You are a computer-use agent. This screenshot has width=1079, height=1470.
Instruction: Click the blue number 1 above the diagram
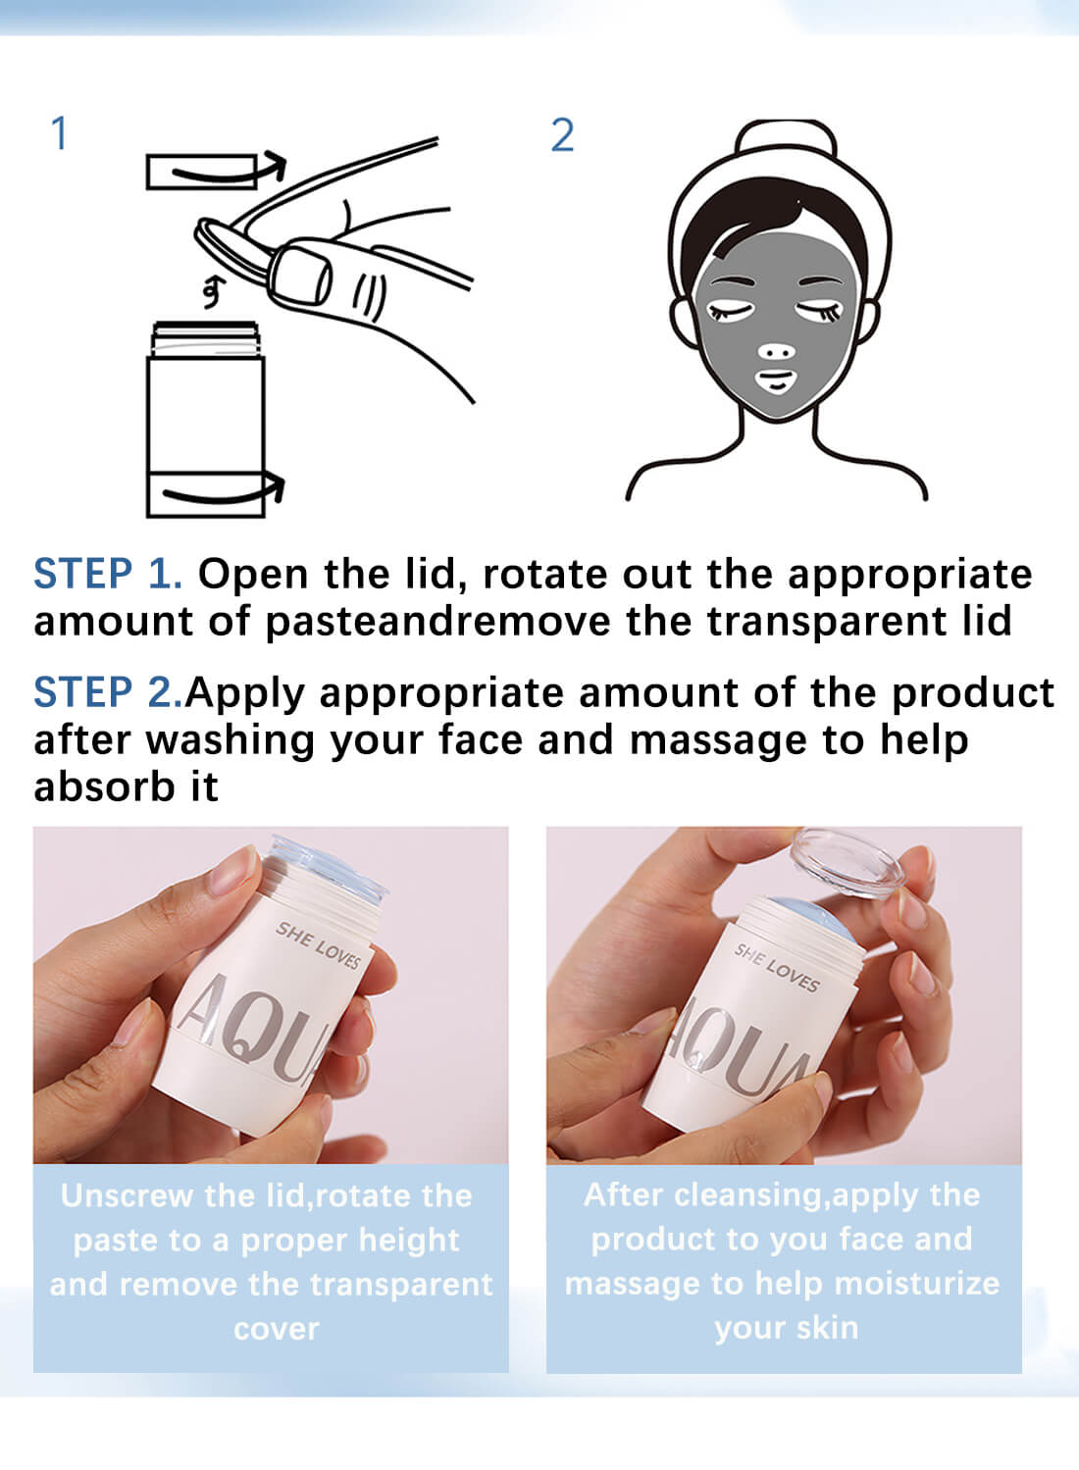point(60,134)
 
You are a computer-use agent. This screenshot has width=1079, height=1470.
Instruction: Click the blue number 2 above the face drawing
point(562,135)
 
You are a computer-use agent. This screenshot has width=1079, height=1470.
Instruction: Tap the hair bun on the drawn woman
point(786,138)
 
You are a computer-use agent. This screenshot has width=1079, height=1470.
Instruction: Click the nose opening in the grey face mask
point(777,352)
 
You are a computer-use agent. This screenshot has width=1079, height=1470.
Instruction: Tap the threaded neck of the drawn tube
point(205,339)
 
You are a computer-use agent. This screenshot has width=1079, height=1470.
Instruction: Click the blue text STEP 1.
point(108,574)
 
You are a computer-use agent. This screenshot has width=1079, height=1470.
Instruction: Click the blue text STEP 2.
point(108,692)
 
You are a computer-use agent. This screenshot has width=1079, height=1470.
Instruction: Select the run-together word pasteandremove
point(437,622)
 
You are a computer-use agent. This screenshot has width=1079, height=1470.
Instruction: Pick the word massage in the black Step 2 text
point(718,741)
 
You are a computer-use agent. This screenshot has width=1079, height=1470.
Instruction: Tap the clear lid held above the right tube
point(847,862)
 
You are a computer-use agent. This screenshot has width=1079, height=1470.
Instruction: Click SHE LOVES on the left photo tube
point(319,945)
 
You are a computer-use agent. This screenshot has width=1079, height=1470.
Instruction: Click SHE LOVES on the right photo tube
point(777,967)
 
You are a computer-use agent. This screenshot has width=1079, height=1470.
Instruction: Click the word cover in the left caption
point(277,1330)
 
